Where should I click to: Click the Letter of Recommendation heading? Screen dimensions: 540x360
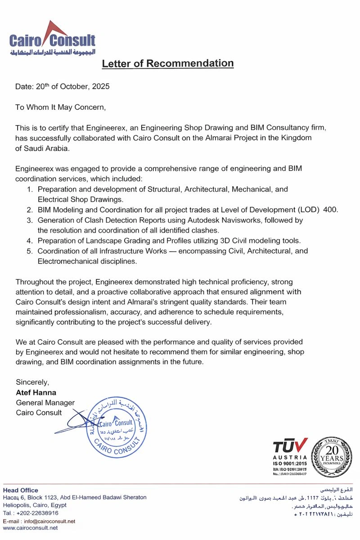click(168, 63)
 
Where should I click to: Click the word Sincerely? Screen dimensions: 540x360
click(32, 382)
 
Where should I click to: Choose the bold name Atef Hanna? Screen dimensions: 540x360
click(36, 392)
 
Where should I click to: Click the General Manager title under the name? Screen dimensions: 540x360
click(45, 403)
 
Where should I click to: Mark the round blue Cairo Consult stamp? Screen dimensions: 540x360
click(116, 427)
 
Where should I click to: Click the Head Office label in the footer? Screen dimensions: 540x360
click(21, 490)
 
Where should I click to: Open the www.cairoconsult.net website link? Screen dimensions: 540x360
click(31, 528)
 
